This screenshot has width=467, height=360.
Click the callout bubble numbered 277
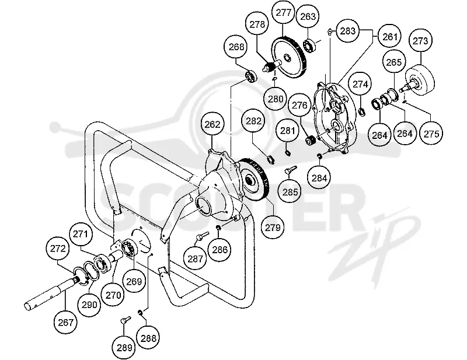coord(283,12)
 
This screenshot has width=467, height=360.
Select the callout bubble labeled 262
coord(212,124)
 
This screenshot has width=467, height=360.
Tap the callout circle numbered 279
coord(273,228)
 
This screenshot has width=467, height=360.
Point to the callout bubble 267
coord(65,322)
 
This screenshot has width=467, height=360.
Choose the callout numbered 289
coord(124,347)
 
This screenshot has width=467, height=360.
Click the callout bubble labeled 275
coord(431,134)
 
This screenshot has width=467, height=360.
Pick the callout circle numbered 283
coord(347,31)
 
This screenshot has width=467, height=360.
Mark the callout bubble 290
coord(89,305)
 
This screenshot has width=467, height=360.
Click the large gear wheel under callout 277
coord(288,57)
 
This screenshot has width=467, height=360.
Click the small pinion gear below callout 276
coord(311,140)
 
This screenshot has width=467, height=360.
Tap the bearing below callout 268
coord(251,76)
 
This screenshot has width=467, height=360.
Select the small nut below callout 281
coord(288,153)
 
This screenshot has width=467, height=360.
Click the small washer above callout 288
coord(140,312)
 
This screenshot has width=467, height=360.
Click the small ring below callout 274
coord(361,112)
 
